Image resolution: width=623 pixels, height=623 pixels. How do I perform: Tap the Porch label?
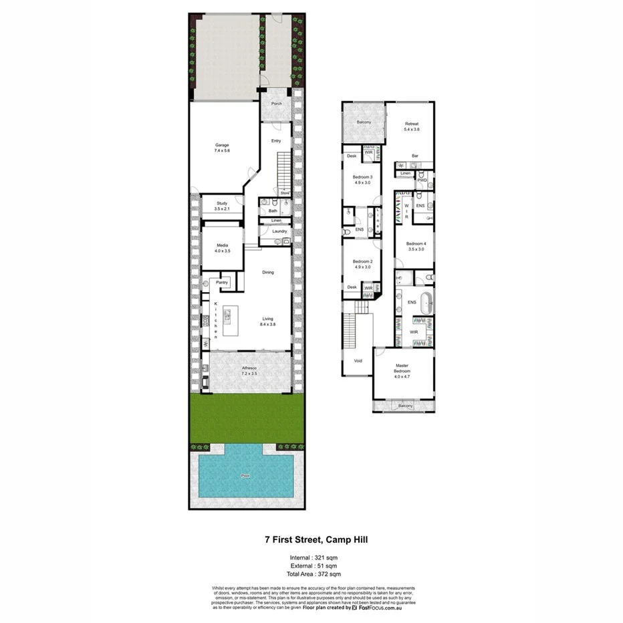276,104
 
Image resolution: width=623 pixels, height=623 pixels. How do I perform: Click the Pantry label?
222,283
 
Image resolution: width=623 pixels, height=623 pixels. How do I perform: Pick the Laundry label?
279,231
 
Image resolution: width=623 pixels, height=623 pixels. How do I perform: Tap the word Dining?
268,272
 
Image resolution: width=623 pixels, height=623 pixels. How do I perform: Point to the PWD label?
422,180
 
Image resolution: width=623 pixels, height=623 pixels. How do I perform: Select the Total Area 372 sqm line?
311,574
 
